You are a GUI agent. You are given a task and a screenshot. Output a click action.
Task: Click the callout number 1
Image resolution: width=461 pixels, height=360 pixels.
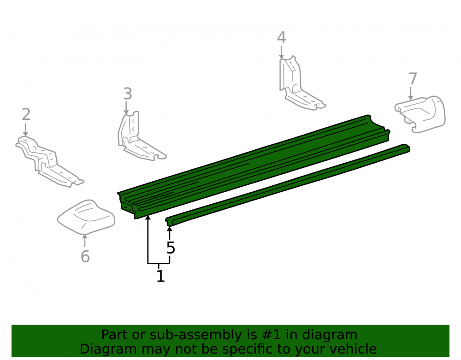coord(160,276)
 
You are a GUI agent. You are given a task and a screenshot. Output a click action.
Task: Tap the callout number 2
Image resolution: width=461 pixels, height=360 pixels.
coord(26,114)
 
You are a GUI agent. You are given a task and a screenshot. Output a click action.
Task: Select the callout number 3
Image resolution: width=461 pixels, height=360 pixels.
coord(127,94)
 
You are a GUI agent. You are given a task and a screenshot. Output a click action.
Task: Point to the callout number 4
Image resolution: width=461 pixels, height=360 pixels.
coord(281,38)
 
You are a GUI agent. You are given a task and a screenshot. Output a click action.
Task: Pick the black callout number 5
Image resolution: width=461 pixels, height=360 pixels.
coord(171,248)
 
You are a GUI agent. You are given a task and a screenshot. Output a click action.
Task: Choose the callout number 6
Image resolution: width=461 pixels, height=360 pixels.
coord(85,256)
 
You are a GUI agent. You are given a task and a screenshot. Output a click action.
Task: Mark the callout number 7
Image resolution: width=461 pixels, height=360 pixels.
coord(413,79)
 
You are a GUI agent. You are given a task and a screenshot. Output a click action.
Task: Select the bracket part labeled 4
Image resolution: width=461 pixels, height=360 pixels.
coord(297,85)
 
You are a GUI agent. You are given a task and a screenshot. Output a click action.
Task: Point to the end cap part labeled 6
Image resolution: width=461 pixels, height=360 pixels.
coord(86,217)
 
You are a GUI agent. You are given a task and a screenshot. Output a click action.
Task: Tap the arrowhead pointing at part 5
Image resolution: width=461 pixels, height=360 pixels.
coord(169,229)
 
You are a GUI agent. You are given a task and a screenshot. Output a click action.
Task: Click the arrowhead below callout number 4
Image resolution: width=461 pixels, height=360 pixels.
coord(281,57)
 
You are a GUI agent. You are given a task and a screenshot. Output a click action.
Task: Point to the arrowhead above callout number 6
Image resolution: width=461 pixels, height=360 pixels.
coord(85,236)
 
